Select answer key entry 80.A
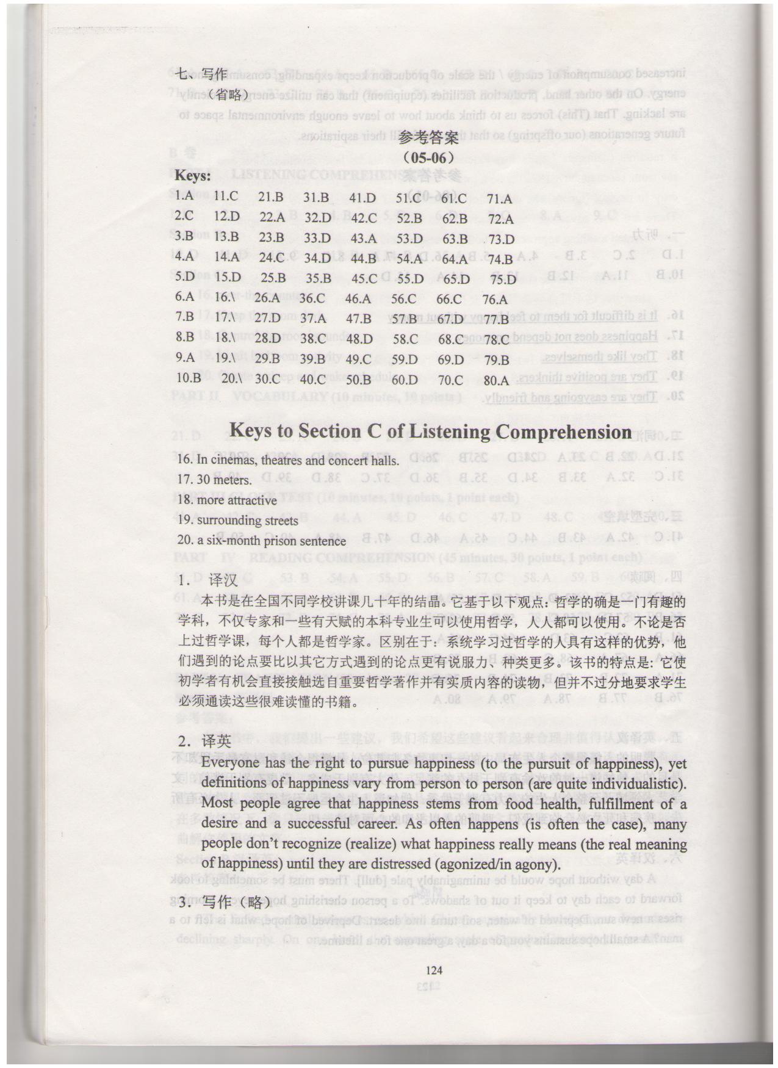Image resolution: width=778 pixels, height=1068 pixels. pyautogui.click(x=496, y=380)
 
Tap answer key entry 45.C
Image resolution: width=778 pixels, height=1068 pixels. pyautogui.click(x=364, y=278)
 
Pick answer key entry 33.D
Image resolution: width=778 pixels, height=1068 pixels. pyautogui.click(x=317, y=238)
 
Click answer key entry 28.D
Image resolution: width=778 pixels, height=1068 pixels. pyautogui.click(x=268, y=339)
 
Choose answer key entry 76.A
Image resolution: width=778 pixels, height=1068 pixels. pyautogui.click(x=495, y=299)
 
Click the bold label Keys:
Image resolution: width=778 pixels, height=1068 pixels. pyautogui.click(x=193, y=176)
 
